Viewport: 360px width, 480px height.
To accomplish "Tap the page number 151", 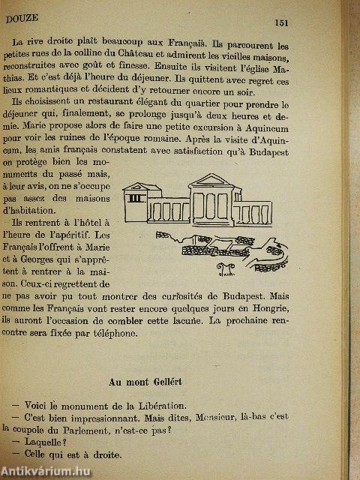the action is (x=281, y=22).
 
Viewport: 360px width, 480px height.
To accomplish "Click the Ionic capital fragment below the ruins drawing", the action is (x=225, y=268).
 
